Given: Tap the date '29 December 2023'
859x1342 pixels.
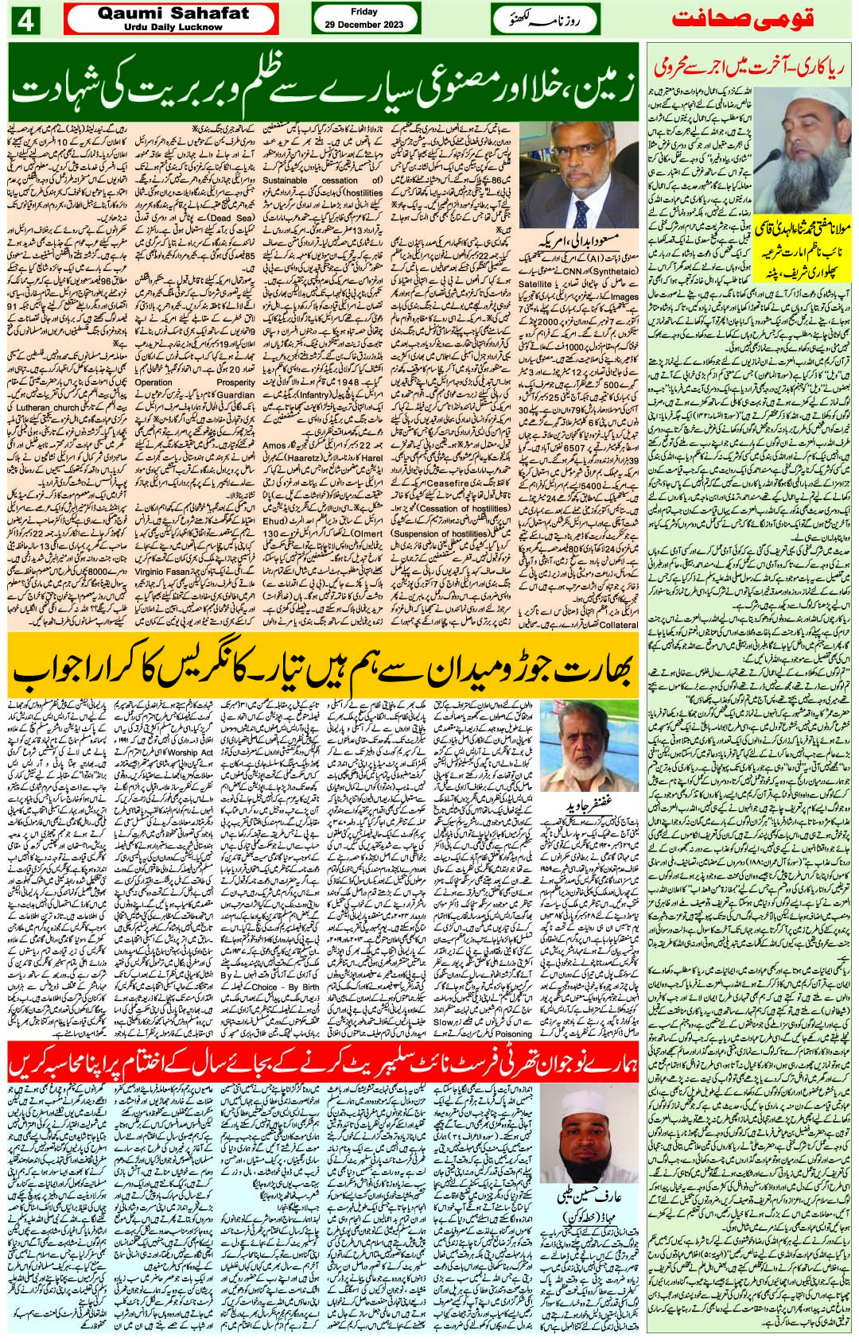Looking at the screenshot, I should click(363, 26).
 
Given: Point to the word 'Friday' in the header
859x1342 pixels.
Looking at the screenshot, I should click(363, 13).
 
